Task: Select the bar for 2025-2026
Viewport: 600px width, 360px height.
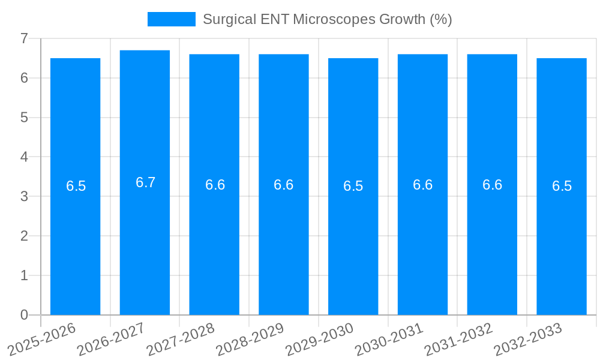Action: pos(75,240)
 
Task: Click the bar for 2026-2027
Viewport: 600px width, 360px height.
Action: pos(145,240)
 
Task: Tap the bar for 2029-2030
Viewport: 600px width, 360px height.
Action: pos(353,240)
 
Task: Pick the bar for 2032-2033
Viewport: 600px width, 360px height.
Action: pos(562,240)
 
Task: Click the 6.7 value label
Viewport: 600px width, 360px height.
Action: pos(145,182)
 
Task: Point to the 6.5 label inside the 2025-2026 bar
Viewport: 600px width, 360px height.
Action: pos(76,186)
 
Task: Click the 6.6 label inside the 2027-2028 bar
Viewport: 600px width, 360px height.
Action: pos(215,185)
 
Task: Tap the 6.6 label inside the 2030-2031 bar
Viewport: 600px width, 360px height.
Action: pos(422,185)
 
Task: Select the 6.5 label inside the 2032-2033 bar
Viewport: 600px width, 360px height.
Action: pos(562,186)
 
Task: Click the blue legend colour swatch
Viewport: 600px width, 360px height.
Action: pos(172,19)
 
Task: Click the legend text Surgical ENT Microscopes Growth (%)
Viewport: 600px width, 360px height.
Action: pos(327,19)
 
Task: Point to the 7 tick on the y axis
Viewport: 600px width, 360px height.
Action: pos(24,38)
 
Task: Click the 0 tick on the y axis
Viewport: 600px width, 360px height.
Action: pos(24,315)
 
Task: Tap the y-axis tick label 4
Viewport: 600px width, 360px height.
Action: pos(24,157)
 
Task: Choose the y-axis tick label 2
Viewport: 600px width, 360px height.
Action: pos(24,236)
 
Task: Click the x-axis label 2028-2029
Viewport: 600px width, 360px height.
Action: pos(250,339)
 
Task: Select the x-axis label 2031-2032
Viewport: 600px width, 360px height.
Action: pos(458,339)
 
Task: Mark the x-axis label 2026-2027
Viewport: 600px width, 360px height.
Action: pos(111,339)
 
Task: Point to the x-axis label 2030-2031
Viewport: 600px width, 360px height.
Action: pos(389,339)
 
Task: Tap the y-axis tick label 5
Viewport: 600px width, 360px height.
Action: pos(24,118)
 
